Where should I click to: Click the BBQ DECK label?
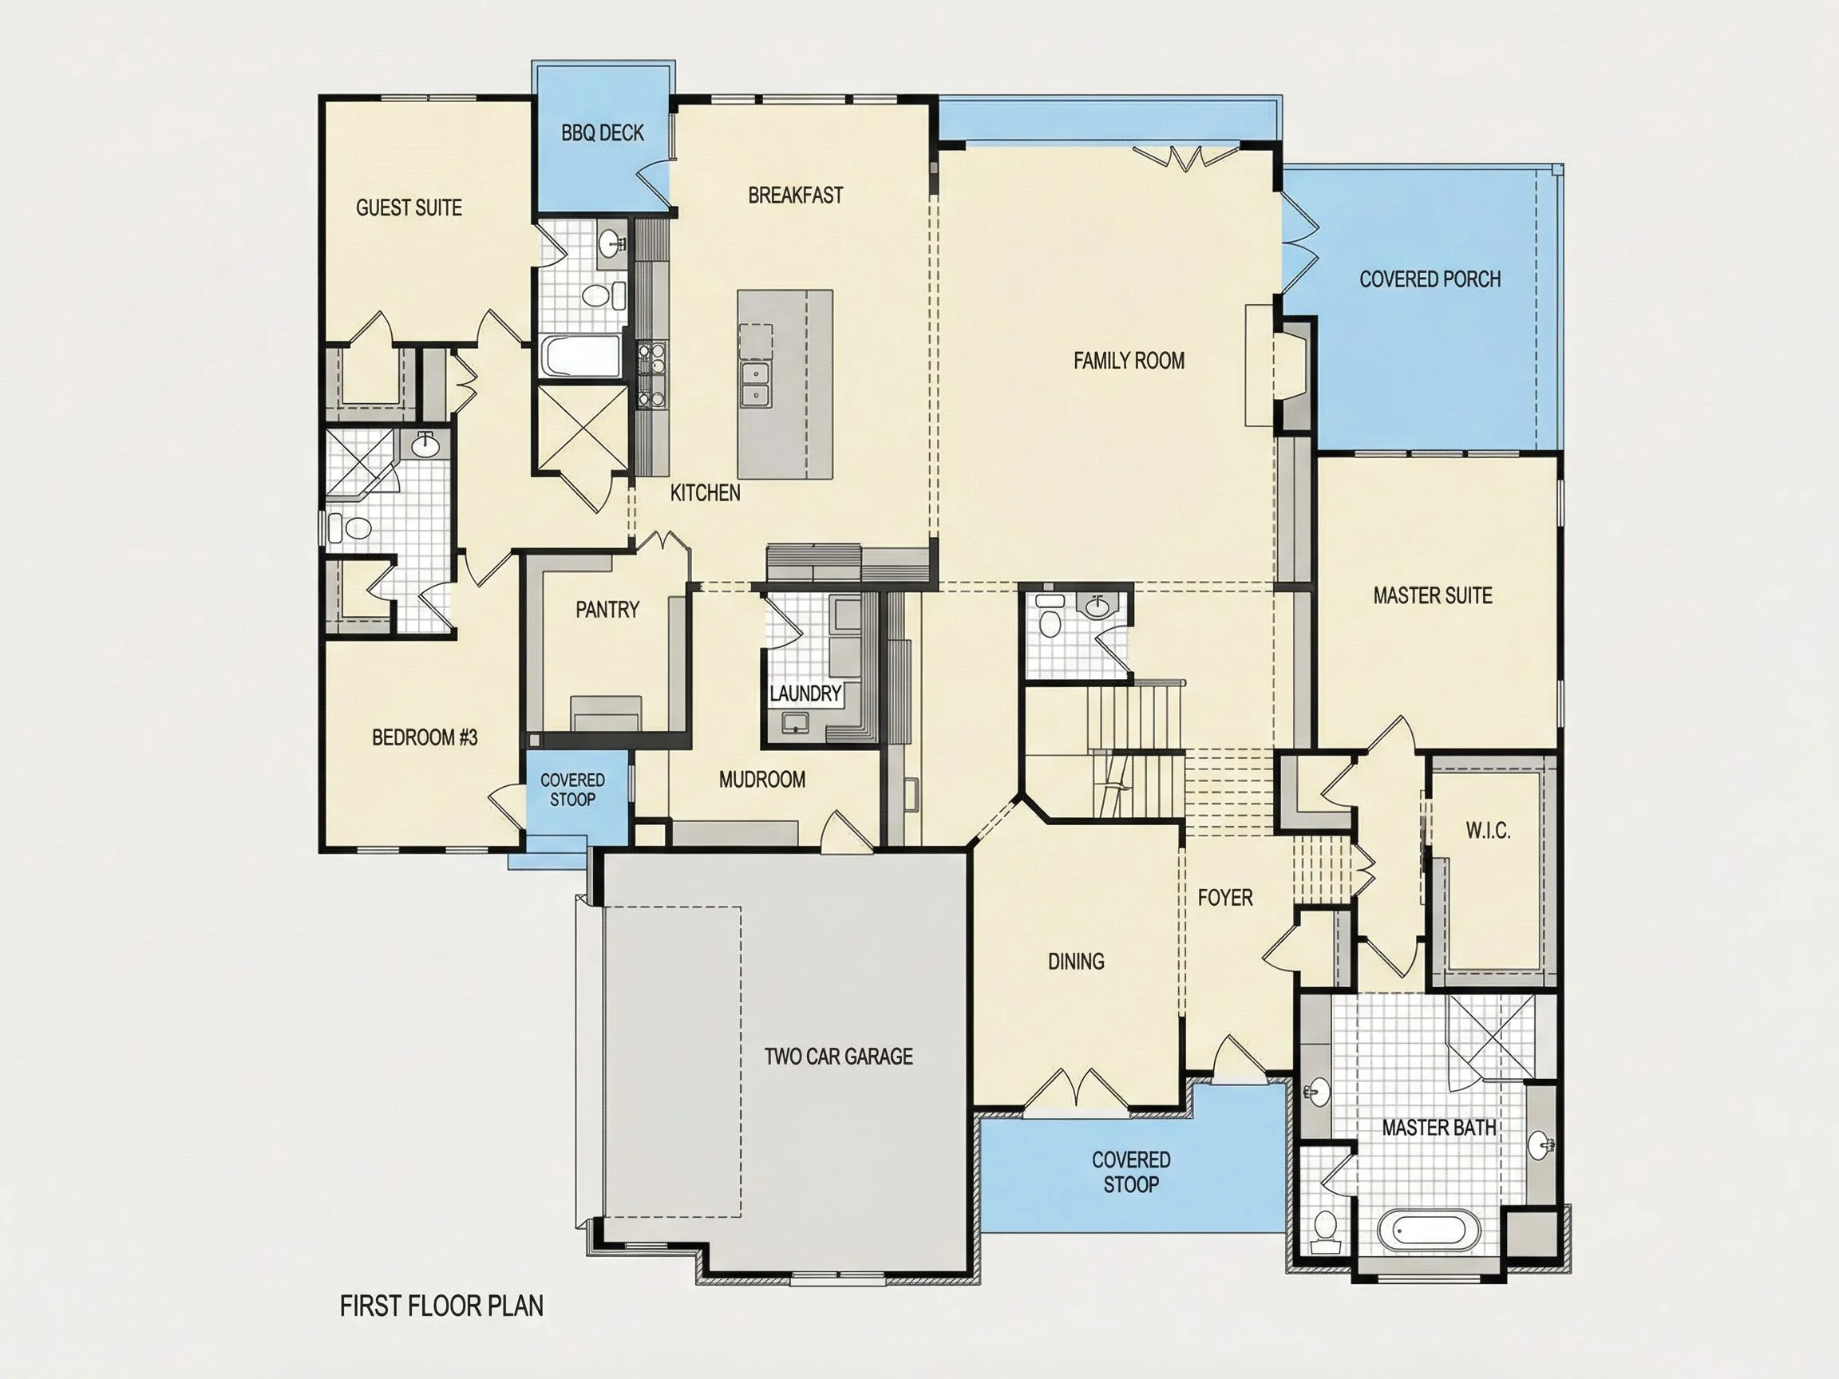pos(602,133)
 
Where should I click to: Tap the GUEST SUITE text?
pos(409,207)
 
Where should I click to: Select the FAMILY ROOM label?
pos(1129,361)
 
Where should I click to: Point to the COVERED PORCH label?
pos(1430,279)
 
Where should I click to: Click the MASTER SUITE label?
pos(1433,595)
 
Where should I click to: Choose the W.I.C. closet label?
pos(1488,831)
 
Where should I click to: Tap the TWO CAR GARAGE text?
pos(839,1057)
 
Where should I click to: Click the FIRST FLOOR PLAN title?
pos(441,1306)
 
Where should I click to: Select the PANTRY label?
pos(607,610)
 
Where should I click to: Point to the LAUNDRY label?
pos(805,693)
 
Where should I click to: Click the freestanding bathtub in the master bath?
pos(1430,1231)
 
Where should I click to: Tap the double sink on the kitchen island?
pos(756,384)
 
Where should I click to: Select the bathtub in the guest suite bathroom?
pos(581,356)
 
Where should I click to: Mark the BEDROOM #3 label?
pos(425,737)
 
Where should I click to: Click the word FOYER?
pos(1225,898)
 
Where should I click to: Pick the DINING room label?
pos(1076,962)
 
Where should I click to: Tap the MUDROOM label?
pos(762,780)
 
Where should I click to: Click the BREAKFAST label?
pos(796,196)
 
